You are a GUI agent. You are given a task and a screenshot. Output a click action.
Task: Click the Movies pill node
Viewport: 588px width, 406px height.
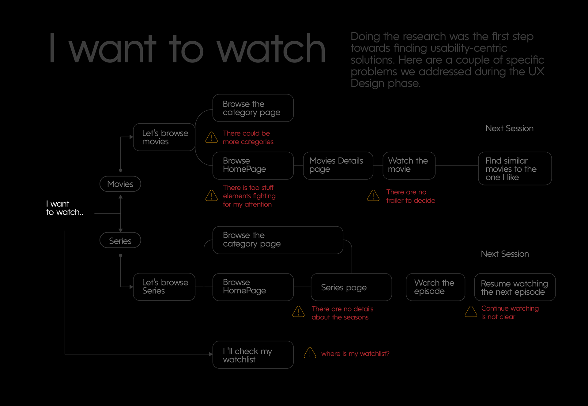[x=120, y=184]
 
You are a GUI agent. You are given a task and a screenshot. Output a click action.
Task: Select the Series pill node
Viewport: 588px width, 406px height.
[x=120, y=240]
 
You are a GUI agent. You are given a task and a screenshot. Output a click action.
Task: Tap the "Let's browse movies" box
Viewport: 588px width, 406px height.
[x=164, y=137]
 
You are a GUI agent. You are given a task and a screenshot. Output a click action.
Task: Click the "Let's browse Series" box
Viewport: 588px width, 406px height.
[x=164, y=287]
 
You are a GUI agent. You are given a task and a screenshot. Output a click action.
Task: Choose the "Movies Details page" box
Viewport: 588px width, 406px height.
[x=338, y=166]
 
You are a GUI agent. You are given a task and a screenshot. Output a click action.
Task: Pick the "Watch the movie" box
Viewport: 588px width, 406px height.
[x=409, y=166]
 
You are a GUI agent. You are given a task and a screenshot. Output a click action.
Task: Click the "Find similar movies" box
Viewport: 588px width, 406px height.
[x=514, y=169]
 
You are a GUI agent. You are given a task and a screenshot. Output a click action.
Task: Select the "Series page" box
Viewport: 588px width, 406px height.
[x=351, y=287]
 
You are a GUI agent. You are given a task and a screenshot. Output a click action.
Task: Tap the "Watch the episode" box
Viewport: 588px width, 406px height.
[x=435, y=287]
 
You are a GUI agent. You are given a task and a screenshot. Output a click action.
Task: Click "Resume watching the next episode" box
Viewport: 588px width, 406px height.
[x=514, y=287]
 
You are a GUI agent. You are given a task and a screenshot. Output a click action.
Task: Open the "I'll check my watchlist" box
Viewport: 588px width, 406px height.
[x=253, y=355]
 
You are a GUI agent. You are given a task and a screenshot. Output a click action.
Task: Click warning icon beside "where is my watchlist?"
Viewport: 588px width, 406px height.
[x=310, y=353]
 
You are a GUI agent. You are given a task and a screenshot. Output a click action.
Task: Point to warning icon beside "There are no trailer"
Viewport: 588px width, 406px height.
[x=373, y=196]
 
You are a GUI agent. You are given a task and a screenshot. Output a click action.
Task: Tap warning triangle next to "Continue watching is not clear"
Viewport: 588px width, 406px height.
[x=471, y=312]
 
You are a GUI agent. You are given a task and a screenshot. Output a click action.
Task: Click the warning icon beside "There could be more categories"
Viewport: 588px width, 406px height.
[x=211, y=137]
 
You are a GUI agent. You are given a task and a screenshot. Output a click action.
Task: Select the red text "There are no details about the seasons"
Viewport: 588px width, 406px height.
[x=342, y=313]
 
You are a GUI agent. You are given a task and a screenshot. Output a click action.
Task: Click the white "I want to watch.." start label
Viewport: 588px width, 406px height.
[x=64, y=208]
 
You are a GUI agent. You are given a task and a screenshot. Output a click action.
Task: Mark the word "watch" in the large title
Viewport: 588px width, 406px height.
[x=271, y=49]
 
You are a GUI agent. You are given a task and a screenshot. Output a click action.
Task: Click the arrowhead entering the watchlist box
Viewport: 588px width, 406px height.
[x=211, y=354]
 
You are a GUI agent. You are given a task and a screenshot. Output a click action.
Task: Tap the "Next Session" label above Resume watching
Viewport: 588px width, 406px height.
[x=505, y=254]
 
